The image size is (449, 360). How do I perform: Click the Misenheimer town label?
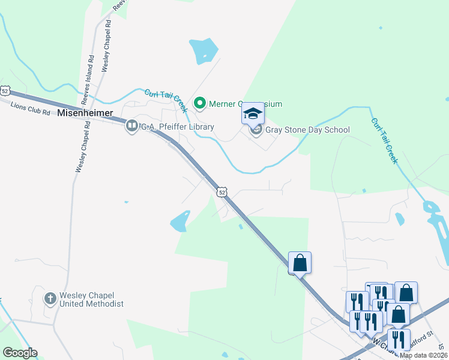tap(85, 113)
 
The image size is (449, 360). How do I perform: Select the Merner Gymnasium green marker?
tap(200, 104)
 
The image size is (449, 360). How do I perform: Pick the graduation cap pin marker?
tap(253, 113)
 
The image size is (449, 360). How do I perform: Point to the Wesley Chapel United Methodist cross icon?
tap(52, 298)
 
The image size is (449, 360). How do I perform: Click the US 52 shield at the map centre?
tap(222, 191)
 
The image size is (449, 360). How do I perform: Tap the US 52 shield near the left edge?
tap(5, 91)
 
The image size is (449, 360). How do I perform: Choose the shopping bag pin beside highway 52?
tap(300, 263)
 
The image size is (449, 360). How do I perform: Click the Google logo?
tap(20, 353)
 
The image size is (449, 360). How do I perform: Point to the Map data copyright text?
tap(423, 355)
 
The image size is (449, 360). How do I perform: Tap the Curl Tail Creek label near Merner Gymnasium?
tap(166, 100)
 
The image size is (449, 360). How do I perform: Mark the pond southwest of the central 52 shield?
tap(180, 222)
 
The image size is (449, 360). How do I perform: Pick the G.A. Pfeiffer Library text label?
tap(177, 127)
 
